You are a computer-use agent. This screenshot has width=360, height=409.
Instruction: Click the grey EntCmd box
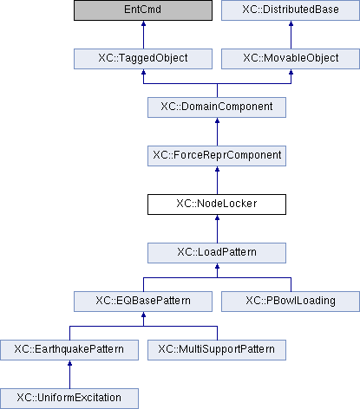click(x=143, y=10)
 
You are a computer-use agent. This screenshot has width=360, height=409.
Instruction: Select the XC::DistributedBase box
click(x=291, y=10)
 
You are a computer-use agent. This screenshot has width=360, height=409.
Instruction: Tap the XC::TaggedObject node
click(x=143, y=59)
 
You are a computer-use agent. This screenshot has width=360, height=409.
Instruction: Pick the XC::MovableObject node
click(x=291, y=59)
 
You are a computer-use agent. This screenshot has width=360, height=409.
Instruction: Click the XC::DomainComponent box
click(x=217, y=107)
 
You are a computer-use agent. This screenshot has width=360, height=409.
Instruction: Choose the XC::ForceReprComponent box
click(x=217, y=156)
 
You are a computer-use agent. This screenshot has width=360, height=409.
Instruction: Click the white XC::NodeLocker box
click(x=217, y=204)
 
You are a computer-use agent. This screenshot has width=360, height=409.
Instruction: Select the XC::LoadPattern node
click(x=217, y=253)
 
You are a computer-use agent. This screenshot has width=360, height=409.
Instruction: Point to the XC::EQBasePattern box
click(x=143, y=302)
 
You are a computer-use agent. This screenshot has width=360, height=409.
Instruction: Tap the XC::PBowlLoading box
click(x=291, y=302)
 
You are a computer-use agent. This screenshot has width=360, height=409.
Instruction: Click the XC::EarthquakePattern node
click(x=69, y=350)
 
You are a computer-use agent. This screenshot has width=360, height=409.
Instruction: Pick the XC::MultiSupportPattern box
click(x=217, y=350)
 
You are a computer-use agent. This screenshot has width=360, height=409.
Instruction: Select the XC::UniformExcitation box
click(x=69, y=399)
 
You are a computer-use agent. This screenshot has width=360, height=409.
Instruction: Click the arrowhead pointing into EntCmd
click(x=143, y=23)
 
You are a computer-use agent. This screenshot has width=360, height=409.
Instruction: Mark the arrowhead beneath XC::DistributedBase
click(x=291, y=23)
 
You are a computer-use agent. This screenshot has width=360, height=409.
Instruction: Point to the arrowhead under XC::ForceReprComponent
click(x=217, y=169)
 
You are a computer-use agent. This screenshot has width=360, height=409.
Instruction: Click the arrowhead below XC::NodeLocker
click(x=217, y=217)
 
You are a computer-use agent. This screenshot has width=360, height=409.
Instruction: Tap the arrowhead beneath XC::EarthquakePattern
click(x=69, y=363)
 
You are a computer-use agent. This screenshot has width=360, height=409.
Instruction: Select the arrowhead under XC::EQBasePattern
click(x=143, y=315)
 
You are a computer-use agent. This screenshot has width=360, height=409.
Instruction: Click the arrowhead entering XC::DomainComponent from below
click(x=217, y=120)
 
